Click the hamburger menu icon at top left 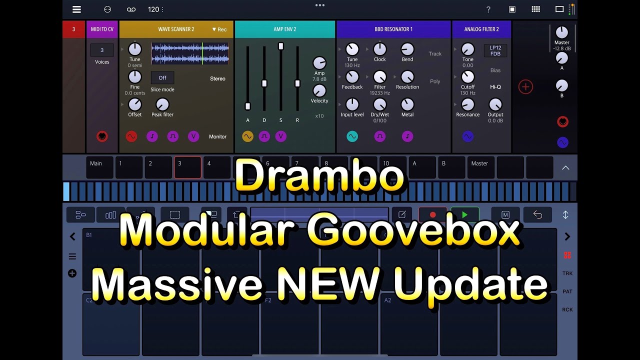pos(76,9)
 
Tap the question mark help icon pos(488,9)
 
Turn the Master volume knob pos(562,32)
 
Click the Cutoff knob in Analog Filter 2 pos(467,77)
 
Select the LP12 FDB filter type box pos(495,50)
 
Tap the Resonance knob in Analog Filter pos(467,104)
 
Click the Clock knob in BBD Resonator pos(380,49)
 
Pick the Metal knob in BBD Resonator pos(407,104)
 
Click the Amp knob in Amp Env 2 pos(319,63)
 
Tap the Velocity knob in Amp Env pos(319,90)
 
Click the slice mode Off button pos(162,78)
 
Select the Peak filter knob pos(162,104)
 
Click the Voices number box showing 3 pos(102,50)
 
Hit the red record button pos(433,215)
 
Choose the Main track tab pos(99,167)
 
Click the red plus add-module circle pos(525,87)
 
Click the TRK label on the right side pos(567,273)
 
